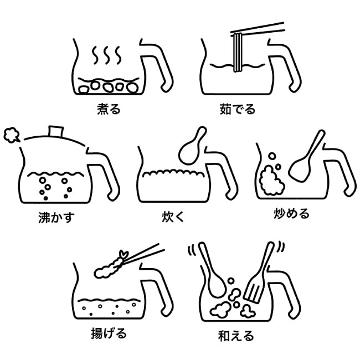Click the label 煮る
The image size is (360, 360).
click(x=109, y=109)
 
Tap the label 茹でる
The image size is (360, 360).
click(x=238, y=109)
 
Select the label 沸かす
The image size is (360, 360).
click(x=56, y=217)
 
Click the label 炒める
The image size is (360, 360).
click(x=291, y=214)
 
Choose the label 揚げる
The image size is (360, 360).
click(x=109, y=333)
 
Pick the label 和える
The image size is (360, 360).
click(x=236, y=336)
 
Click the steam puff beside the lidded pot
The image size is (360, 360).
click(x=12, y=135)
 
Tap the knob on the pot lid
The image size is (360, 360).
click(x=56, y=131)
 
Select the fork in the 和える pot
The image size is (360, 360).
click(x=259, y=273)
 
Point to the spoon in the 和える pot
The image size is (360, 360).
click(x=212, y=271)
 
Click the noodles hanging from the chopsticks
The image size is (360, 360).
click(x=238, y=53)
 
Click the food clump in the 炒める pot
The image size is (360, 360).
click(x=271, y=180)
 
